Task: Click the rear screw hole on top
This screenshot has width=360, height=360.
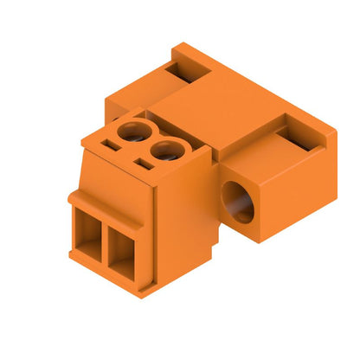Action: pyautogui.click(x=132, y=132)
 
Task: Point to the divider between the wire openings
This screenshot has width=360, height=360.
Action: pyautogui.click(x=105, y=242)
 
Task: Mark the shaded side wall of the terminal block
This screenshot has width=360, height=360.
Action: pyautogui.click(x=182, y=234)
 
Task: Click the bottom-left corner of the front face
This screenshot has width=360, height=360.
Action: pyautogui.click(x=70, y=252)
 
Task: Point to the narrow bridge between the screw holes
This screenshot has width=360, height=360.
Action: pyautogui.click(x=148, y=143)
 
